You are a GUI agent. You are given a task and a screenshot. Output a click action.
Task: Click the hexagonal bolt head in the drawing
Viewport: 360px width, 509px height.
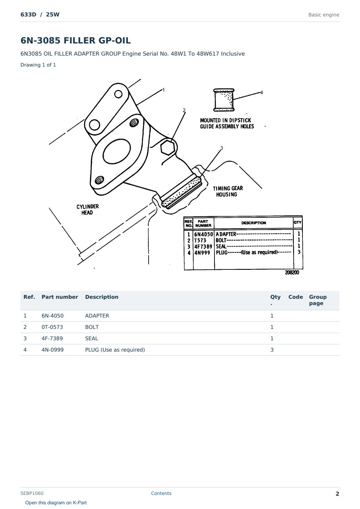point(167,148)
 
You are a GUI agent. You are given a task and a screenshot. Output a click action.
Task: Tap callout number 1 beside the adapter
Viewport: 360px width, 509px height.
point(163,90)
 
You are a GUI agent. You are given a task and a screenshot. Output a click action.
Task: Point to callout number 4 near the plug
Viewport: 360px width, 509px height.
point(262,92)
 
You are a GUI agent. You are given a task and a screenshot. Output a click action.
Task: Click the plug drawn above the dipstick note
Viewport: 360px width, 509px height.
point(224,100)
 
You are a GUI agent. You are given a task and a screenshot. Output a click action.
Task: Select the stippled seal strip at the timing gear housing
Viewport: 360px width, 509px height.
point(181,192)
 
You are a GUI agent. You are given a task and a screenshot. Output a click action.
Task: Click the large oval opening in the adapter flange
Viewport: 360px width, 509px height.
point(117,151)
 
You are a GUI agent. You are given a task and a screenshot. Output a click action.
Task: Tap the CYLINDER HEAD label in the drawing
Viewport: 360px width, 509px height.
point(87,209)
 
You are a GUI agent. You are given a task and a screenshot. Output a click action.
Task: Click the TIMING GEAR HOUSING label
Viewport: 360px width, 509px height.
point(228,191)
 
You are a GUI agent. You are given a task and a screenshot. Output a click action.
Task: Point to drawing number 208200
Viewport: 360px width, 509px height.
point(292,273)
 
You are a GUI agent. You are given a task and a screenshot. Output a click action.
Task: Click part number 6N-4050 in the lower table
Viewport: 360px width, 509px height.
point(52,316)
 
